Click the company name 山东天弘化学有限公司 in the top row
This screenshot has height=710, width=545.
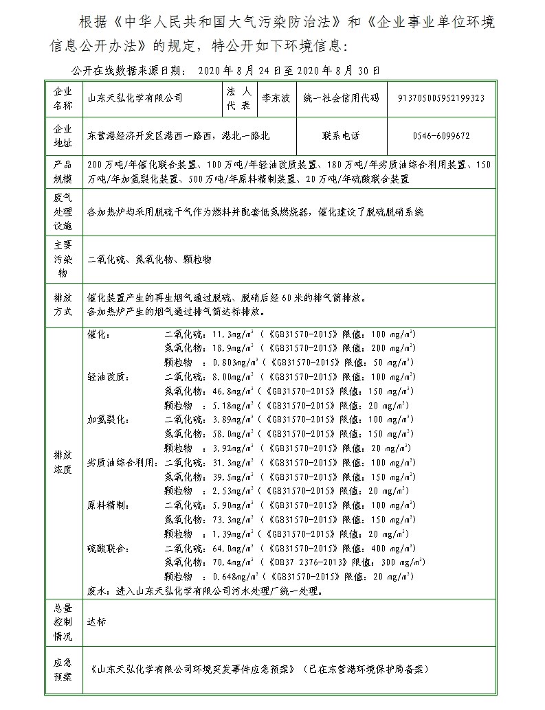tap(135, 98)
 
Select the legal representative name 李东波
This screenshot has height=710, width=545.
tap(276, 98)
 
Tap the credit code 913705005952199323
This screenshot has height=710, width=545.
tap(441, 98)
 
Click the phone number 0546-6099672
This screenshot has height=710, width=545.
tap(441, 136)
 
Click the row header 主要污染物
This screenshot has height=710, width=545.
tap(63, 259)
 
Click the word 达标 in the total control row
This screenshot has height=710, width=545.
tap(97, 622)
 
